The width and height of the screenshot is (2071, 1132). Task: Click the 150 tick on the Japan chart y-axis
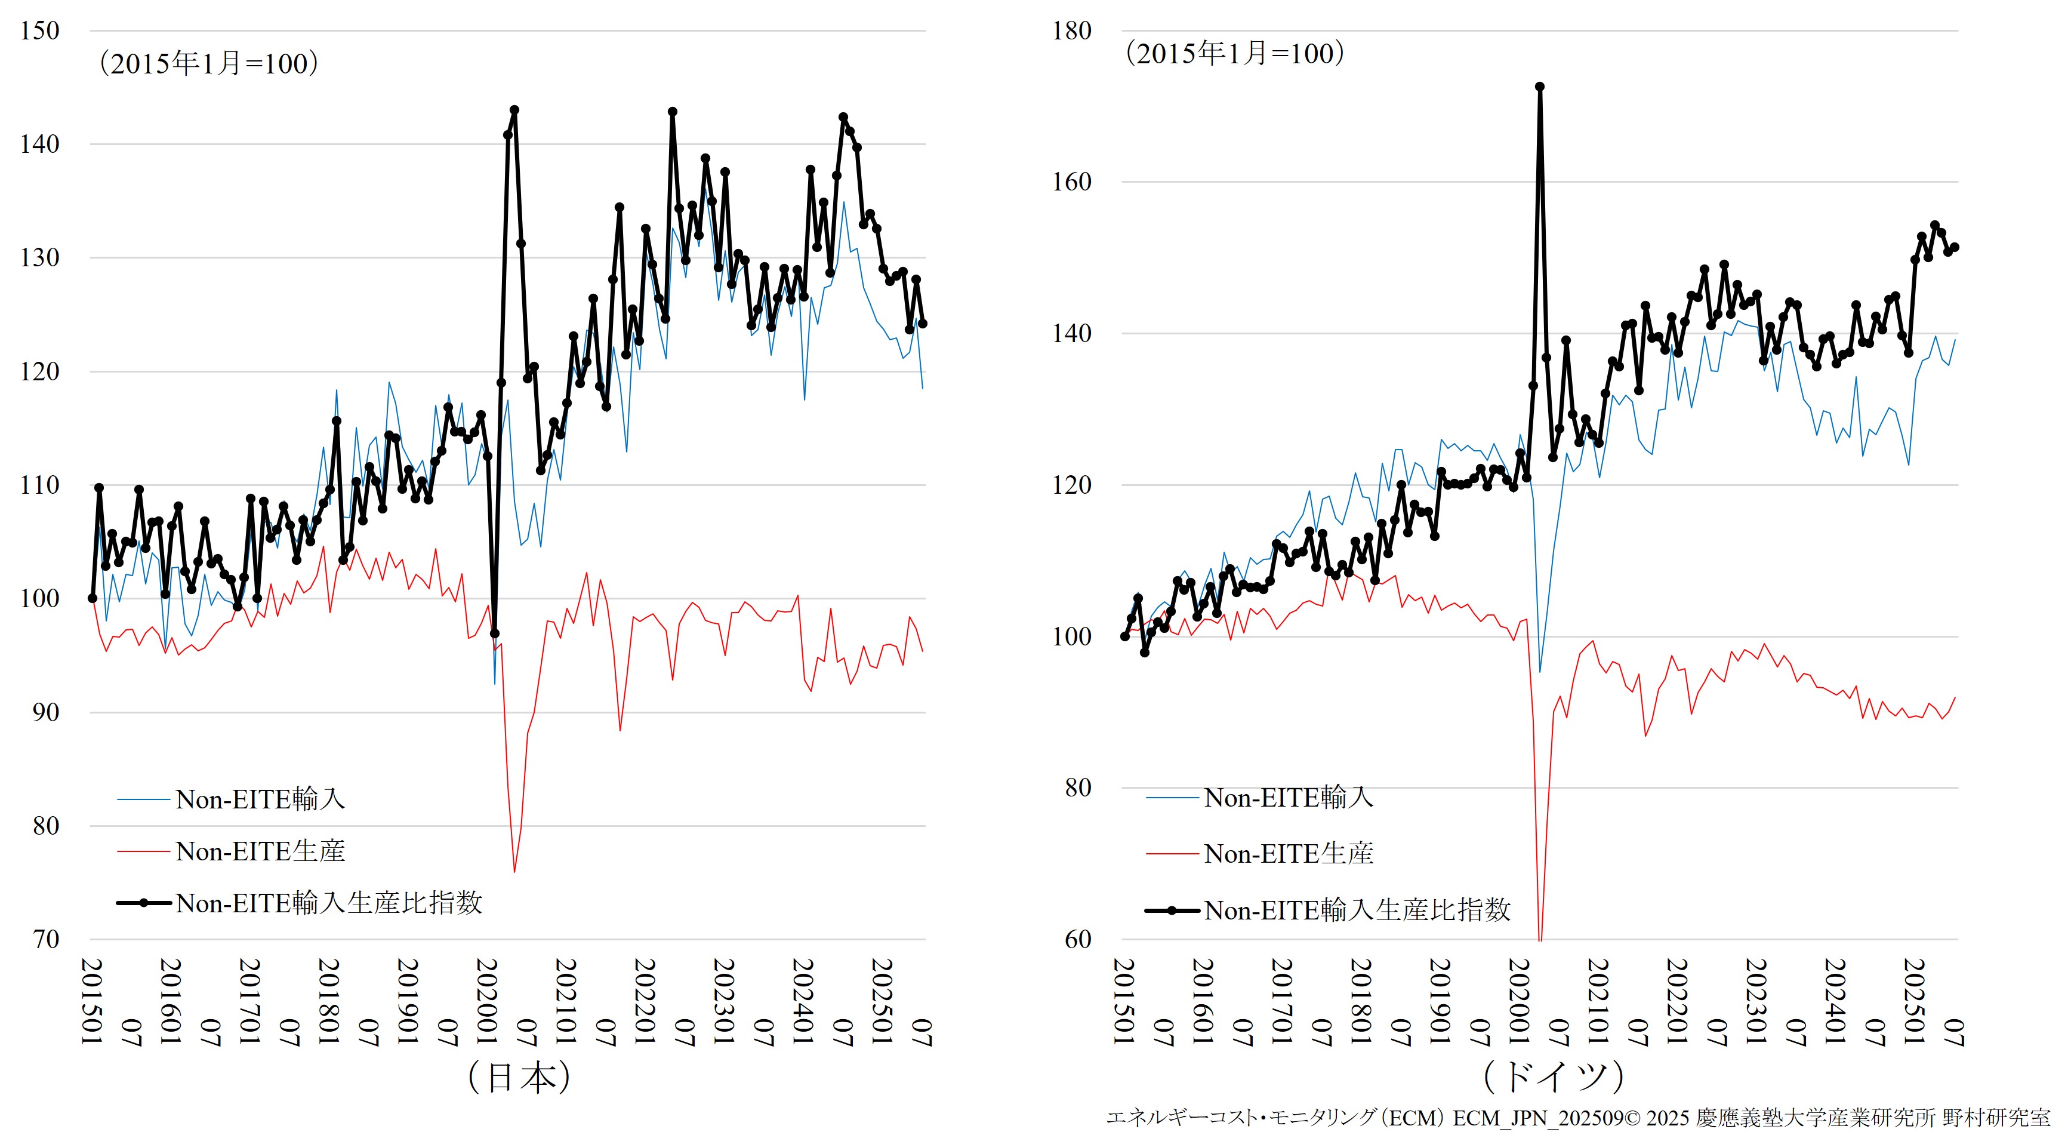tap(39, 32)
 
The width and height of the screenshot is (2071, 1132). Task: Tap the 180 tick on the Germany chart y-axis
tap(1072, 32)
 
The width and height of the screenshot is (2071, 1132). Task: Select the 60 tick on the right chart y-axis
tap(1078, 939)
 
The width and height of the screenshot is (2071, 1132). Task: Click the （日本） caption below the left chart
tap(519, 1077)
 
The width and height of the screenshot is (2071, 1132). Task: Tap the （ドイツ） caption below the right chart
tap(1553, 1077)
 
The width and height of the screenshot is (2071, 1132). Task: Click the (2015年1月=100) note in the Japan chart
tap(208, 63)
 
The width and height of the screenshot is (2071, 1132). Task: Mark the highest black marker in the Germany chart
tap(1540, 87)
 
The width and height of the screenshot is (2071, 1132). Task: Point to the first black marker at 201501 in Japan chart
tap(93, 598)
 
